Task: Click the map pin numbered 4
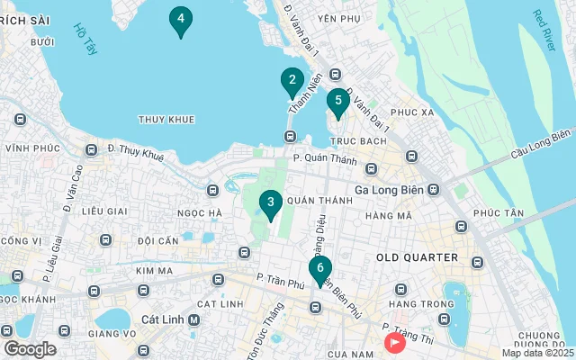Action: [181, 20]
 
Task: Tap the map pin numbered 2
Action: [291, 81]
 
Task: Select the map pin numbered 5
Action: [337, 103]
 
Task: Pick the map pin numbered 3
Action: [270, 204]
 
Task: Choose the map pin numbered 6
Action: [319, 269]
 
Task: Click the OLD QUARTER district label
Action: [417, 257]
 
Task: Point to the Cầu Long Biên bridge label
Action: [541, 145]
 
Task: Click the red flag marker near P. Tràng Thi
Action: [394, 342]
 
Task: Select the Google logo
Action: [30, 349]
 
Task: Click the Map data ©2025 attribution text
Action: [536, 353]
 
